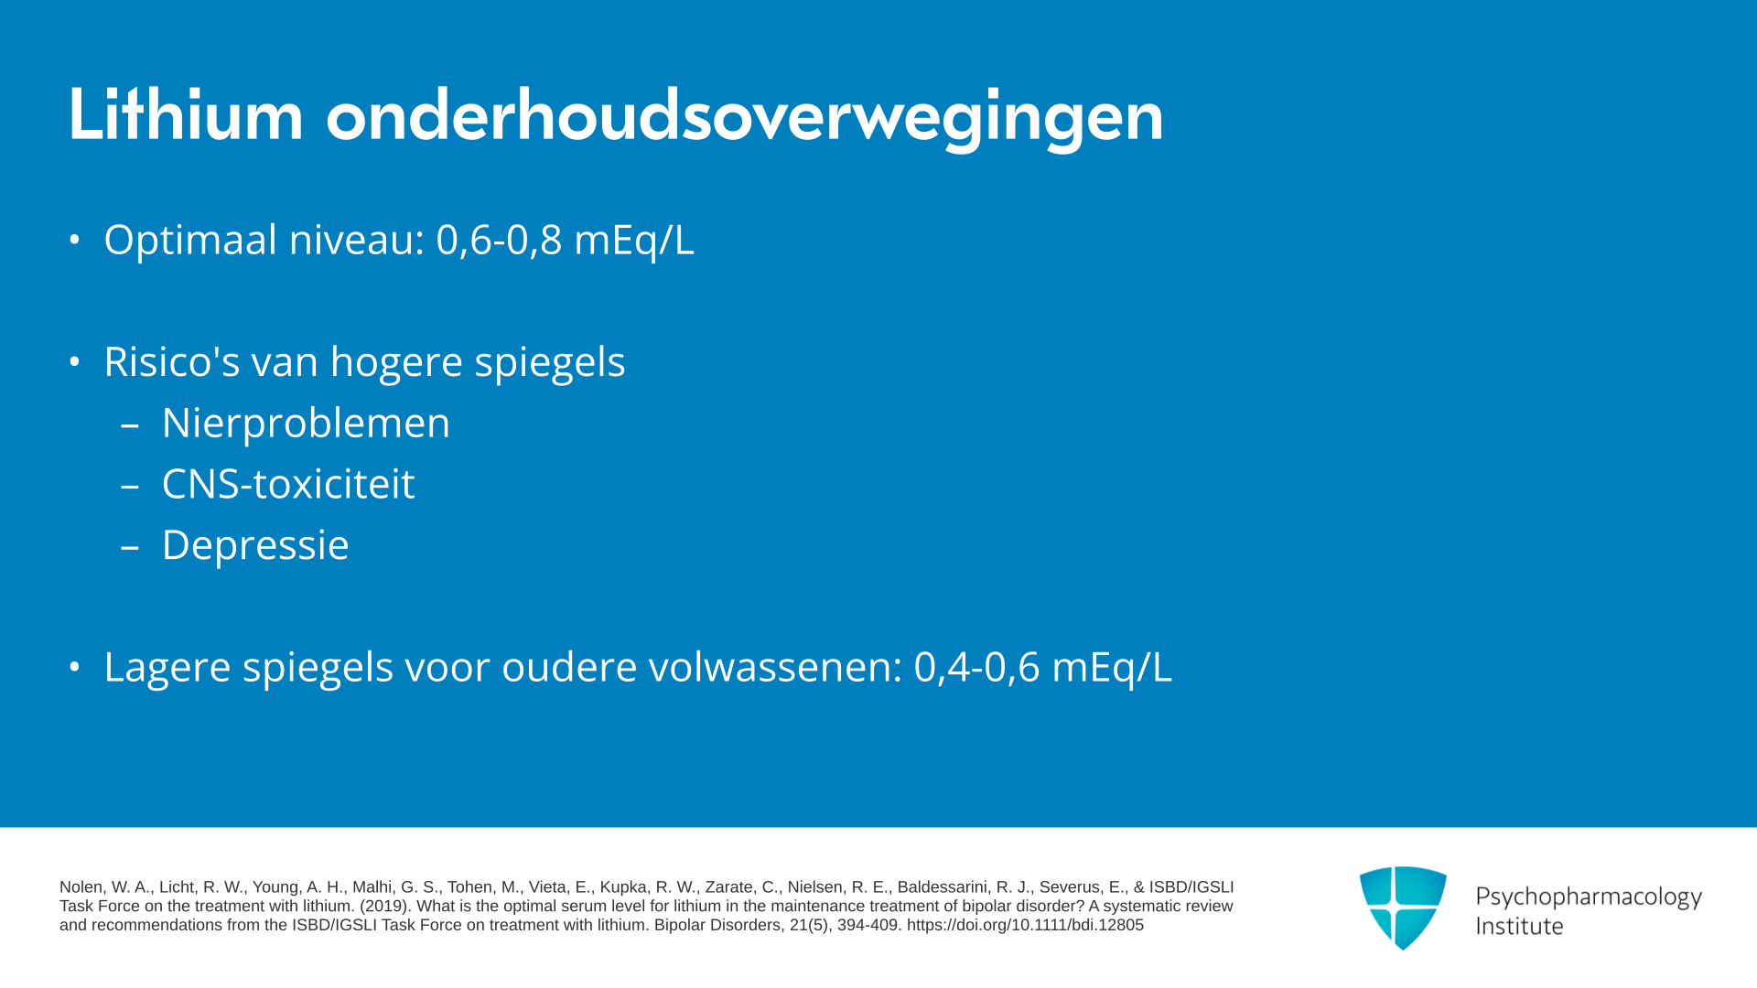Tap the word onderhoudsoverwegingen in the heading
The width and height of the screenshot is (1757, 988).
[745, 118]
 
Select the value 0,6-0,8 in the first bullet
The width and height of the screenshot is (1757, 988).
[499, 241]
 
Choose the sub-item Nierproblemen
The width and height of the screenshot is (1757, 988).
[306, 424]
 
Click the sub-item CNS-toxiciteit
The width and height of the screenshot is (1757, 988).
[288, 484]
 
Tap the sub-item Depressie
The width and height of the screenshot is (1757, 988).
[255, 545]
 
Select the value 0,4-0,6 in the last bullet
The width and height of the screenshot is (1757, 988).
[976, 667]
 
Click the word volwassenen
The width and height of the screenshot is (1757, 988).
[769, 667]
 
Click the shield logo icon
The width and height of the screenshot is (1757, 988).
[1403, 907]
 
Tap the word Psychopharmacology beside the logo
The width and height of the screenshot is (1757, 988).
[1589, 897]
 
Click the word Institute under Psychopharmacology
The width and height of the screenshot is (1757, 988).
[1519, 926]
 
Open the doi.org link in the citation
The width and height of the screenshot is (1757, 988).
[1025, 925]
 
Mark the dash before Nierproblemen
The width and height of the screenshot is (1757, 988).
[130, 425]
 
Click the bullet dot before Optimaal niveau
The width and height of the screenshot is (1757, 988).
[75, 241]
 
